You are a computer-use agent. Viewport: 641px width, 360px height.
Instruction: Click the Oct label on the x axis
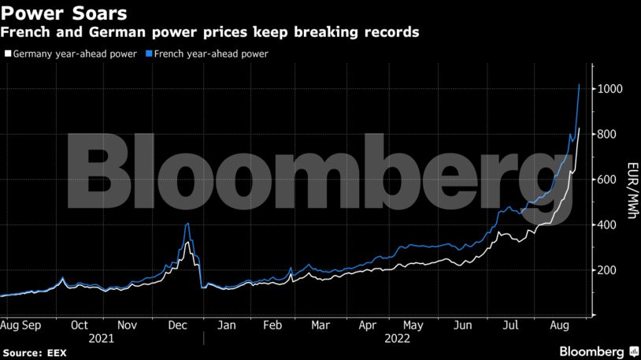pyautogui.click(x=79, y=324)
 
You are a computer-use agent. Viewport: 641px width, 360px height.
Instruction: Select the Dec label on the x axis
pyautogui.click(x=176, y=324)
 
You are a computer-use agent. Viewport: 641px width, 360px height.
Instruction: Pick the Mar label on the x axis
pyautogui.click(x=320, y=324)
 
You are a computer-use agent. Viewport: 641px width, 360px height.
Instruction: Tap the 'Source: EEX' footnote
pyautogui.click(x=33, y=352)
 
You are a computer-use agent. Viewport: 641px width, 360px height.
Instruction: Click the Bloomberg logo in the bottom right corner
pyautogui.click(x=598, y=351)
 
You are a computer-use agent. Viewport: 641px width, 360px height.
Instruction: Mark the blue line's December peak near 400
pyautogui.click(x=187, y=224)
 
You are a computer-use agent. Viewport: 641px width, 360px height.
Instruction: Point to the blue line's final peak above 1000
pyautogui.click(x=580, y=84)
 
